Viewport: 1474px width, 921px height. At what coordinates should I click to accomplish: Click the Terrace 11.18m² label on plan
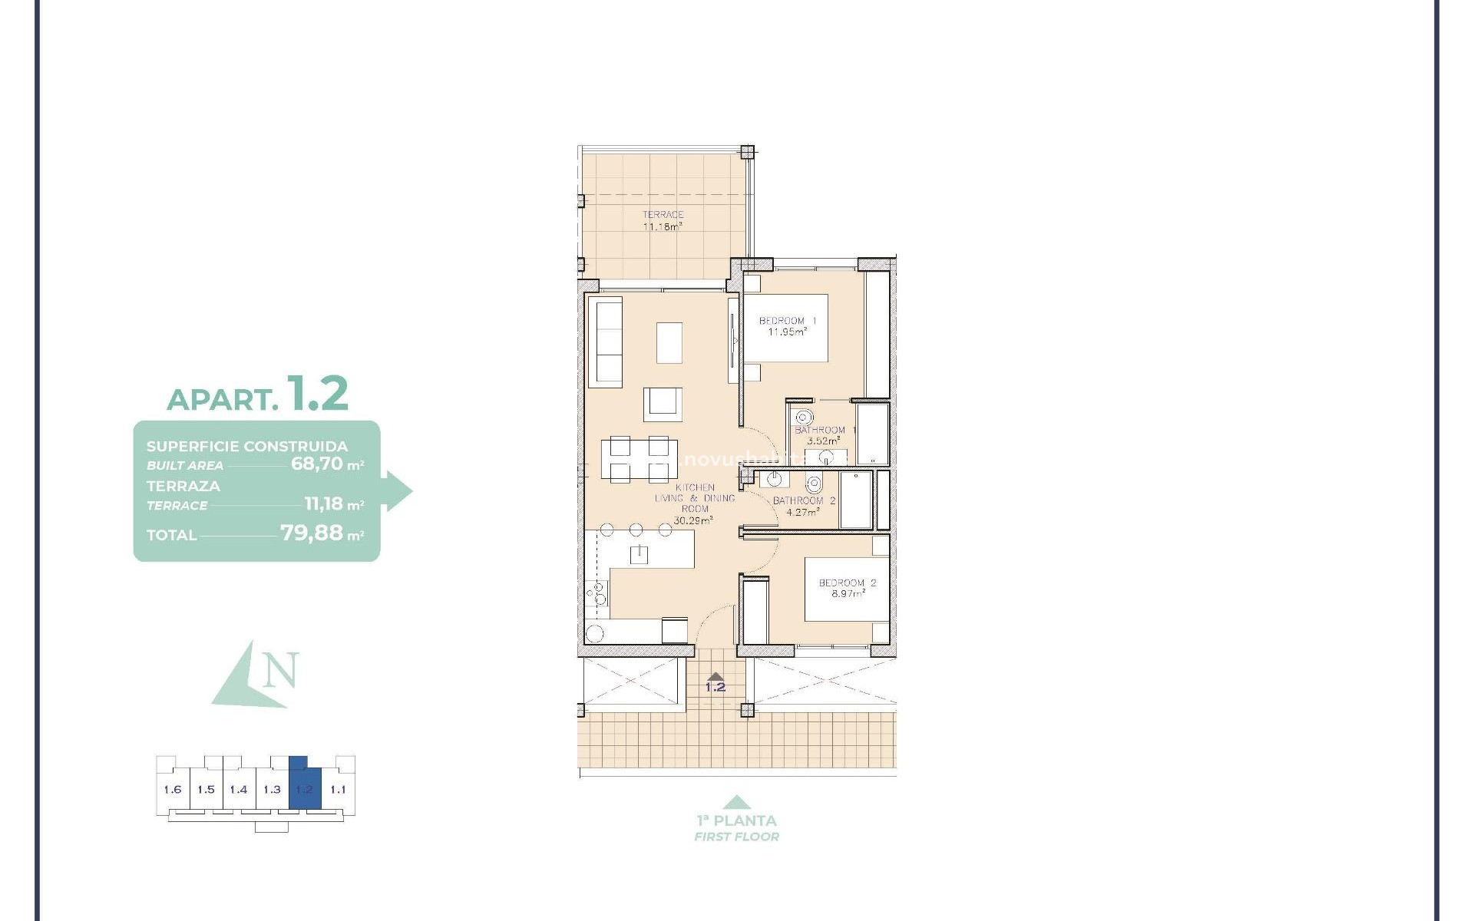click(x=663, y=221)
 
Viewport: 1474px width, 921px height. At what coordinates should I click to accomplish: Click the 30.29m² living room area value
click(x=693, y=520)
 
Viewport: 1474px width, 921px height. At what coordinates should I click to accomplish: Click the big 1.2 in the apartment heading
click(x=317, y=394)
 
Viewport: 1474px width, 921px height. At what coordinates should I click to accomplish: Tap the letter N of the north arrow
click(x=280, y=670)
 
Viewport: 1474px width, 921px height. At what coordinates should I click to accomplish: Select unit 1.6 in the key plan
click(x=173, y=790)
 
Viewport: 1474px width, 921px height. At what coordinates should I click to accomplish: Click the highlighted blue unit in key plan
click(x=305, y=789)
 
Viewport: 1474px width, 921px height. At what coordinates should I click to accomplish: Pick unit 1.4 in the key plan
click(x=239, y=790)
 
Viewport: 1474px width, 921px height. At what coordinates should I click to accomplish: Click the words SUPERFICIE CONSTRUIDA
click(x=247, y=446)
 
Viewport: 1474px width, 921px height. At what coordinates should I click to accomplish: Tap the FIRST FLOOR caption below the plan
click(x=736, y=837)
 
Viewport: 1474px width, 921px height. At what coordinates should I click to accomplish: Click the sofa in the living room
click(x=605, y=342)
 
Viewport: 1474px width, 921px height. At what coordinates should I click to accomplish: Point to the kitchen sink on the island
click(x=639, y=554)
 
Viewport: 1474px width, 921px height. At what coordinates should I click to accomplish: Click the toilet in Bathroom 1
click(x=803, y=418)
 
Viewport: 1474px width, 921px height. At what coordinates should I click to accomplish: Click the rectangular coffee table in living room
click(x=669, y=342)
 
